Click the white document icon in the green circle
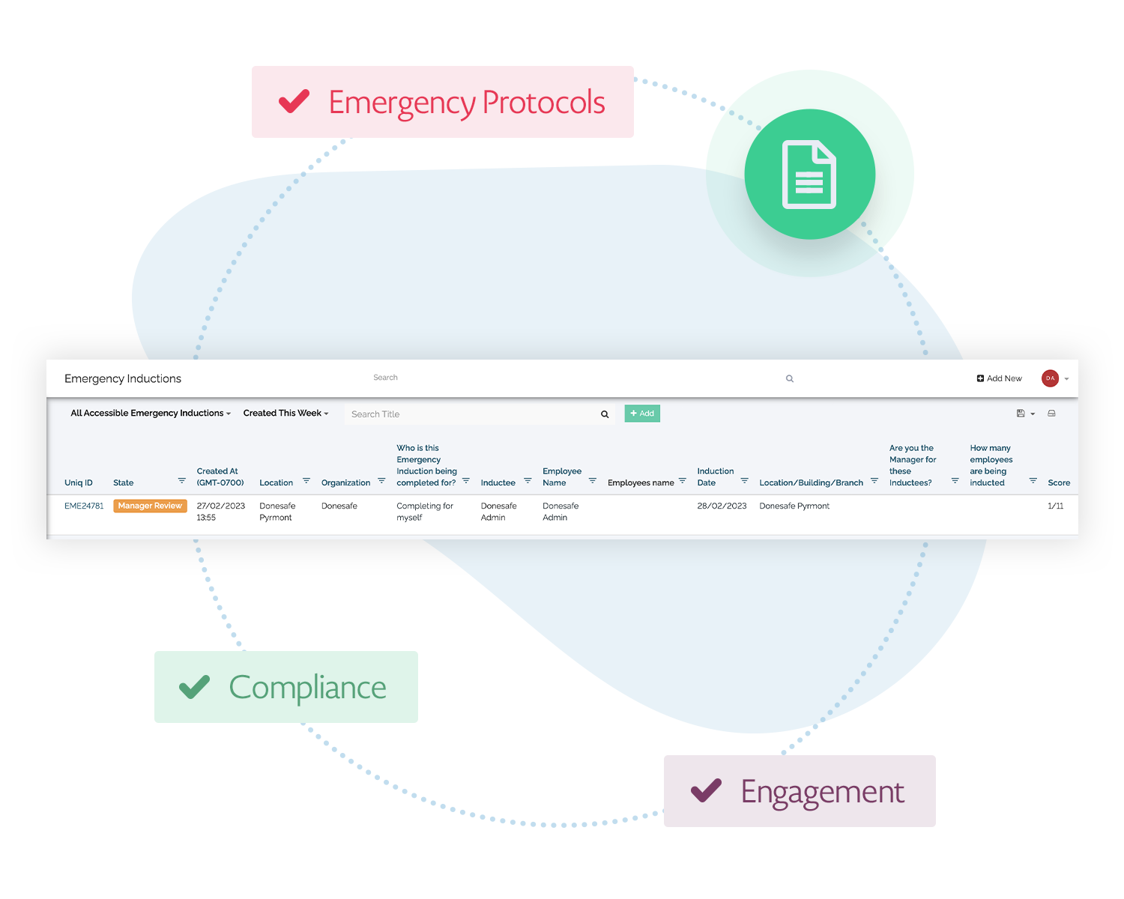tap(809, 175)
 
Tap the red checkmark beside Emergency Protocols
tap(294, 101)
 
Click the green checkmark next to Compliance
tap(194, 687)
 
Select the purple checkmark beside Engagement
tap(706, 790)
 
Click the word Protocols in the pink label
tap(543, 103)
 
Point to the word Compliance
tap(307, 688)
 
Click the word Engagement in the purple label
tap(822, 793)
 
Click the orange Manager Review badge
tap(150, 506)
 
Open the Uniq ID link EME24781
tap(84, 506)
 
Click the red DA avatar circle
tap(1050, 378)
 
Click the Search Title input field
tap(472, 414)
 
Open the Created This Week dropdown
tap(285, 413)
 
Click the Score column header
tap(1058, 482)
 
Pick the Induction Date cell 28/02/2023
tap(722, 506)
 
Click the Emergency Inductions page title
tap(123, 378)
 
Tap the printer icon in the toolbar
tap(1051, 414)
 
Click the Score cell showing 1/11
tap(1055, 506)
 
